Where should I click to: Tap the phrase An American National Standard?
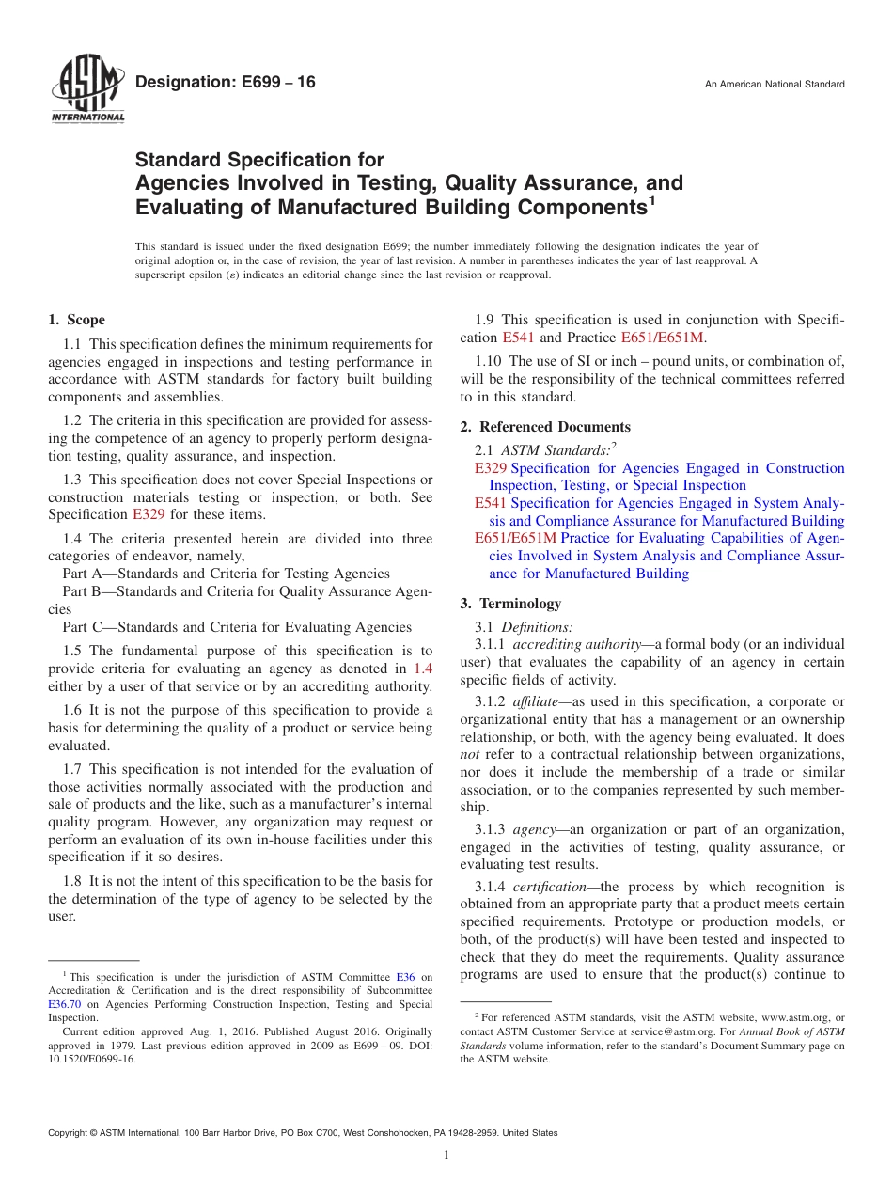point(775,85)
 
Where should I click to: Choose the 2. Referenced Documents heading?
point(545,426)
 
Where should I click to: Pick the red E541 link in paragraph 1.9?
point(518,338)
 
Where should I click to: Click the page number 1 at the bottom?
point(446,1155)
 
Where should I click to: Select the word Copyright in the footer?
point(69,1133)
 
